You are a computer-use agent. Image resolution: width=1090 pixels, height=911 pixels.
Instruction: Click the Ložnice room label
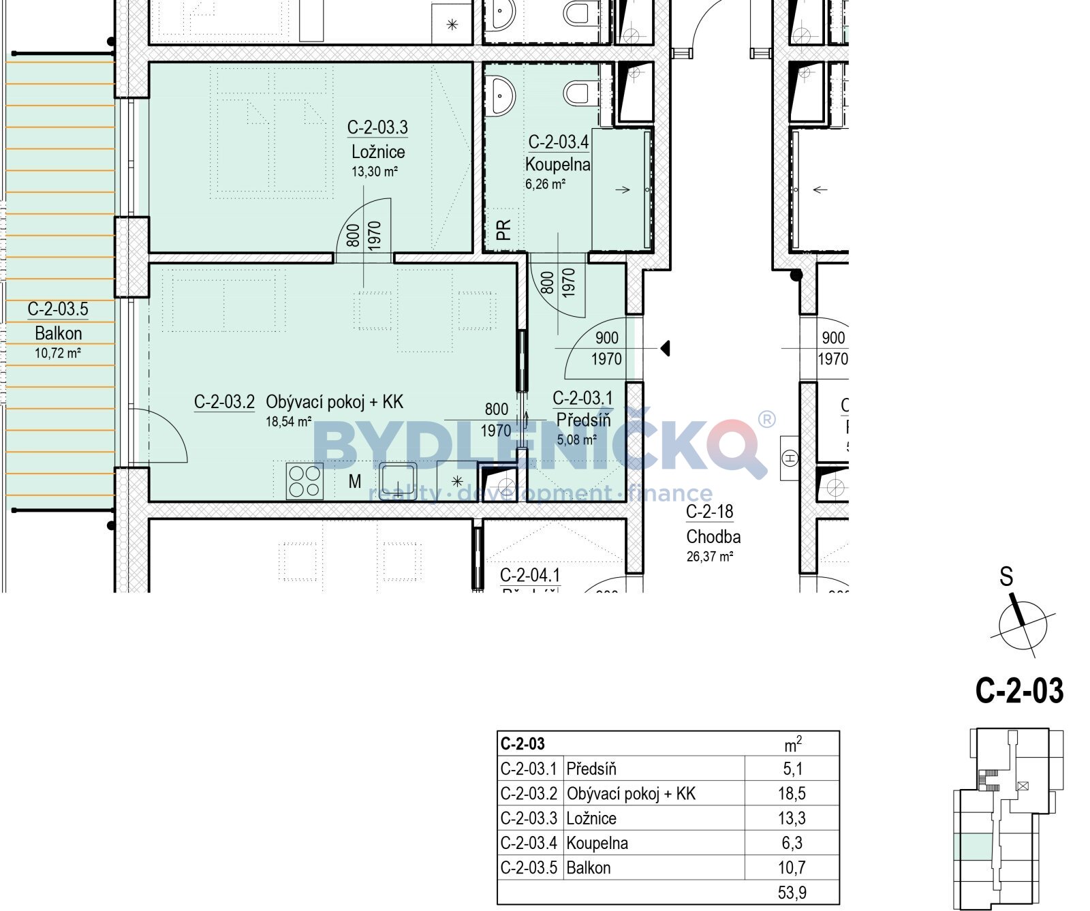(x=378, y=152)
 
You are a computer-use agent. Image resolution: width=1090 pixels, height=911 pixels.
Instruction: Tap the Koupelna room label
(x=557, y=164)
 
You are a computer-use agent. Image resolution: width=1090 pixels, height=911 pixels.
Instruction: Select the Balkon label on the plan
(x=59, y=333)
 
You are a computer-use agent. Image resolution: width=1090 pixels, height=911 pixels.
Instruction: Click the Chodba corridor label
(x=713, y=536)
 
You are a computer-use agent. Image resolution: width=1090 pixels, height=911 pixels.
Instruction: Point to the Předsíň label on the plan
(x=583, y=420)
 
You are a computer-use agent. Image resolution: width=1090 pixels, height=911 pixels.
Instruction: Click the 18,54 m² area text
(x=288, y=422)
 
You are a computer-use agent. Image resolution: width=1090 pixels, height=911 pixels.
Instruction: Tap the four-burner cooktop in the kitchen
(x=305, y=481)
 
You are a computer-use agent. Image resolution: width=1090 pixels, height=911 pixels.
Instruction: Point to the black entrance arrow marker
(x=666, y=348)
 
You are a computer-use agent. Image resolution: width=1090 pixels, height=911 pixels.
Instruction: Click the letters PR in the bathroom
(x=503, y=230)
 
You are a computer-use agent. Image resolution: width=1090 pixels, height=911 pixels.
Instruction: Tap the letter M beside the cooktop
(x=355, y=482)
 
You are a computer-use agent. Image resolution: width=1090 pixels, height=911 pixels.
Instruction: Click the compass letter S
(x=1006, y=577)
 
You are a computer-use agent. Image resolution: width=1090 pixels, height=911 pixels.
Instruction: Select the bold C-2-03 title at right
(x=1019, y=690)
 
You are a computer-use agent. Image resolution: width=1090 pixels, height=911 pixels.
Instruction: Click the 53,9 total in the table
(x=792, y=892)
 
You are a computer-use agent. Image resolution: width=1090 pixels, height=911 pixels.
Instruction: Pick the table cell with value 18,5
(x=792, y=793)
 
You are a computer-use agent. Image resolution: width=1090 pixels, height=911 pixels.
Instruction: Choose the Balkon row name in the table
(x=589, y=867)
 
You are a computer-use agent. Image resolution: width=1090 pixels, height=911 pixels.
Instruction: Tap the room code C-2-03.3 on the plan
(x=377, y=127)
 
